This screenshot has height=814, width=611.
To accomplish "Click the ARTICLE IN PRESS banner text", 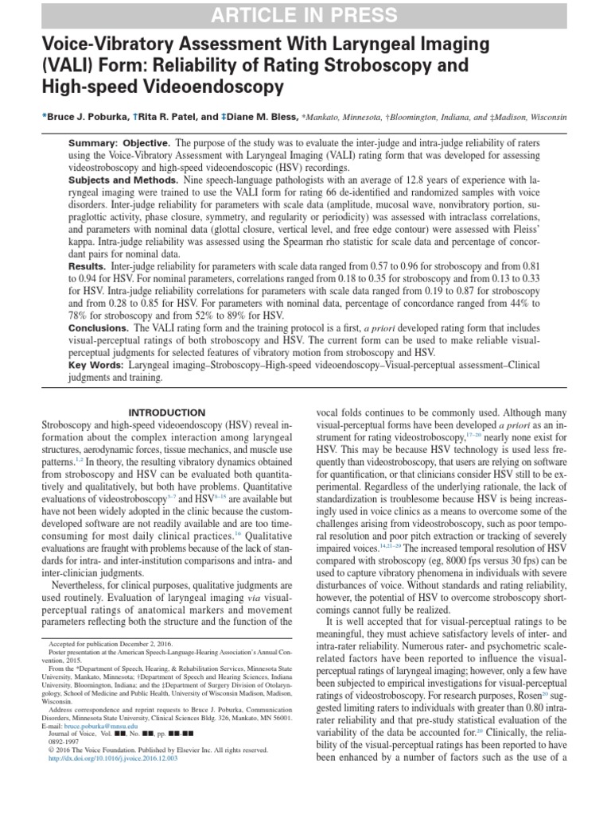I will coord(305,15).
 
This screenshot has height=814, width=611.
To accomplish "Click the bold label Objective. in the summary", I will coord(145,141).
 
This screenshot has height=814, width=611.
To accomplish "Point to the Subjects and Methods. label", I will coord(123,180).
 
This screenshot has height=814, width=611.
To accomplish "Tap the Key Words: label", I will coord(95,365).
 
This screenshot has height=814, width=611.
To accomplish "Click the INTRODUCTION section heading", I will coord(167,413).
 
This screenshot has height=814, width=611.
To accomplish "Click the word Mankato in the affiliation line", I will coord(323,117).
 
